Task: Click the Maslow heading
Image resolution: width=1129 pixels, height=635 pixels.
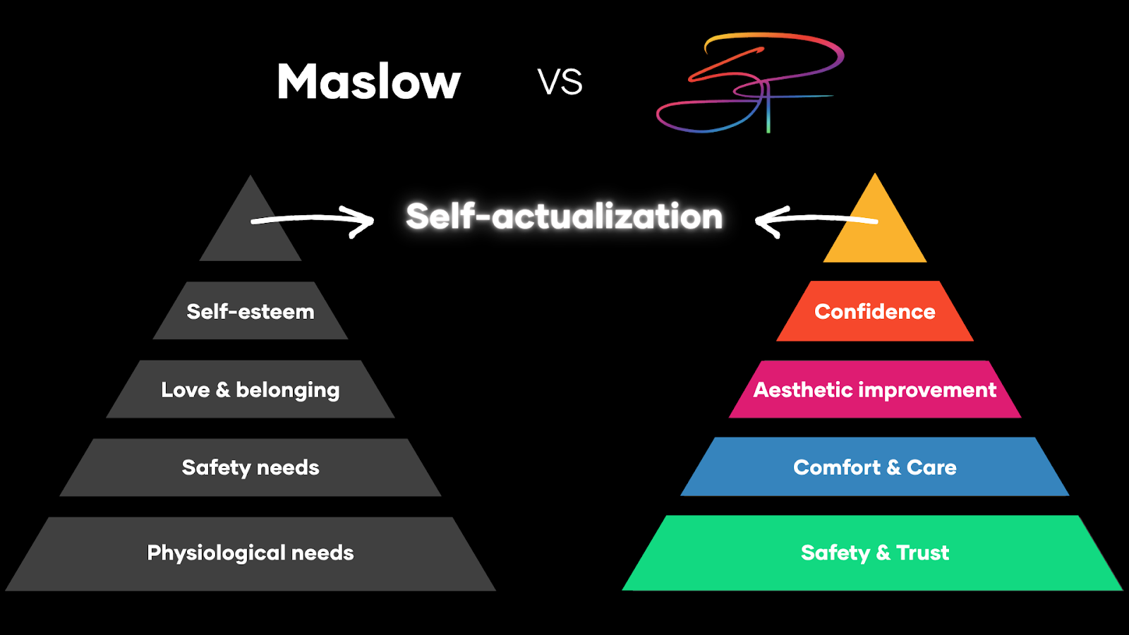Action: (368, 82)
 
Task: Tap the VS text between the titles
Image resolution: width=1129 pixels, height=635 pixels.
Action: (560, 82)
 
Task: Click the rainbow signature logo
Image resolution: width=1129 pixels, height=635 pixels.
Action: (749, 82)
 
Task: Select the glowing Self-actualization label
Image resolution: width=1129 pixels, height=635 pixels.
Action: (564, 216)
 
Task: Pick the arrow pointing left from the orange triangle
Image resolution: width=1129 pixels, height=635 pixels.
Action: (811, 220)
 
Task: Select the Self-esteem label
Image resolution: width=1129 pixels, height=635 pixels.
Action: (250, 311)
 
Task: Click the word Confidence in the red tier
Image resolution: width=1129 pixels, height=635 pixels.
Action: (875, 311)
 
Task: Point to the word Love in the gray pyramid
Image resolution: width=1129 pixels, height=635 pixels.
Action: (185, 389)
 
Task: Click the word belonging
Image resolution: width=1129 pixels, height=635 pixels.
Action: (287, 390)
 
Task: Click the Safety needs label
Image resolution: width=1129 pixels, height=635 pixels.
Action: (250, 467)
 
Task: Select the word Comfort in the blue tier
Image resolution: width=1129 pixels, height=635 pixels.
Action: (837, 467)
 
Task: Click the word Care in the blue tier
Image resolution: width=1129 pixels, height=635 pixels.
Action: (931, 467)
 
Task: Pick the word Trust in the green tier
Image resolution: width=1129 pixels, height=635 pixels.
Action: (923, 552)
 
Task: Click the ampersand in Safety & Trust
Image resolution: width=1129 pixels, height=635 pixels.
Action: (883, 552)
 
